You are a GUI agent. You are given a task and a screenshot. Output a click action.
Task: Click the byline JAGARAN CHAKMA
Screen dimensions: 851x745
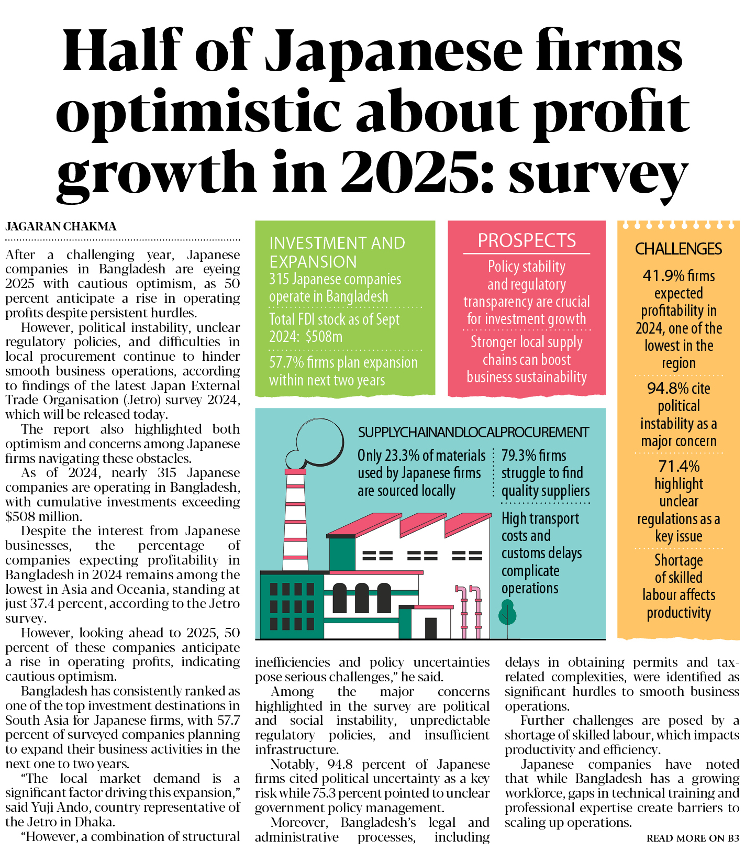click(61, 227)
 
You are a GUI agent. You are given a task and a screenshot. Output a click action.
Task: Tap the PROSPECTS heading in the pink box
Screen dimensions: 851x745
click(526, 240)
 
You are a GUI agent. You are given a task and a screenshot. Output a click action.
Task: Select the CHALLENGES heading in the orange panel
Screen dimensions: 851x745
click(678, 249)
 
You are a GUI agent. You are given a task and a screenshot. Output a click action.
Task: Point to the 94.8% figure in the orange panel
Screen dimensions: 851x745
click(668, 389)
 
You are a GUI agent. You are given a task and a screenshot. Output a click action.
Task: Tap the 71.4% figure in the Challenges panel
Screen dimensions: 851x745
click(679, 466)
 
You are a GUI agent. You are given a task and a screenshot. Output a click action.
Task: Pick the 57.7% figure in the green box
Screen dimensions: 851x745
click(286, 362)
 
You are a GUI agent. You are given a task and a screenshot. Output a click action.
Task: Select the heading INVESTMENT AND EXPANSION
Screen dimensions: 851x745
click(337, 252)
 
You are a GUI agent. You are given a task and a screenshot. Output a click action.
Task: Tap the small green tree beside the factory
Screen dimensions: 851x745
click(507, 613)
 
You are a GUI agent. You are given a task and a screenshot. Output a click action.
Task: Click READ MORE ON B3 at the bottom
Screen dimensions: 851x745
click(692, 838)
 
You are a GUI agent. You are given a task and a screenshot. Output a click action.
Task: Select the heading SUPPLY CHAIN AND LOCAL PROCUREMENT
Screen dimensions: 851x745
click(473, 433)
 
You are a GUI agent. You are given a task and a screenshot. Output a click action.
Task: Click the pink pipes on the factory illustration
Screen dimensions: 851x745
click(470, 610)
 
